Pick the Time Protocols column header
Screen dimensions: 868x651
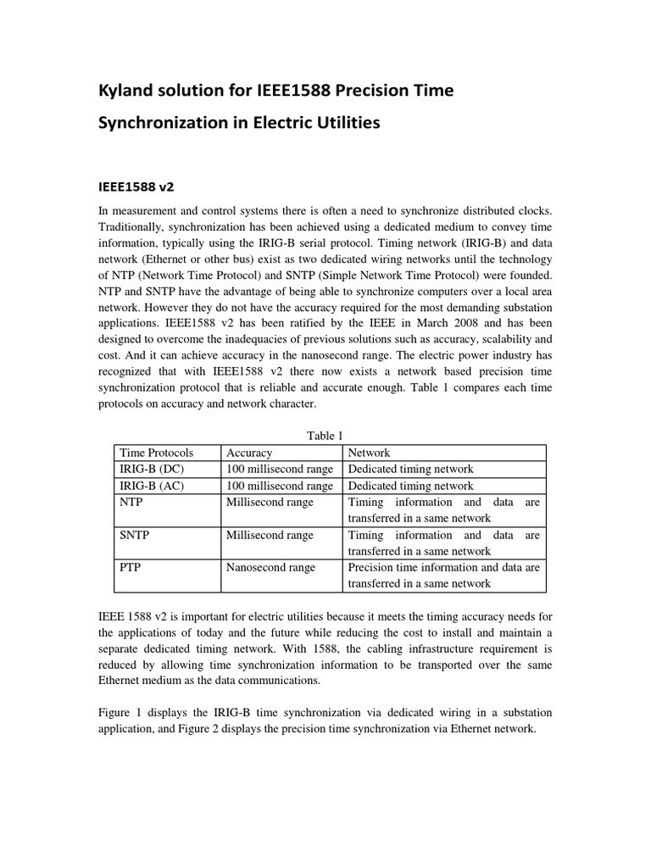click(157, 453)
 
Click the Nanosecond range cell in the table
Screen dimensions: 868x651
click(270, 567)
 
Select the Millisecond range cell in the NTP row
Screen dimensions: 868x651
click(270, 502)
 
